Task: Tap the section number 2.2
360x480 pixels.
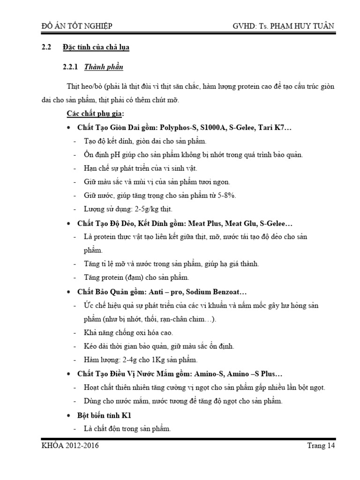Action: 46,47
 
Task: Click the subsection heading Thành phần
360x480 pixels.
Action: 104,67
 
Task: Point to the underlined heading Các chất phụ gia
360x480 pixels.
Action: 96,114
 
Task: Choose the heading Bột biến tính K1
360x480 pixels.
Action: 105,415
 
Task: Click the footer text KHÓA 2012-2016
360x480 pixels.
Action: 70,446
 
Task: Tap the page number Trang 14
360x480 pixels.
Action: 317,446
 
